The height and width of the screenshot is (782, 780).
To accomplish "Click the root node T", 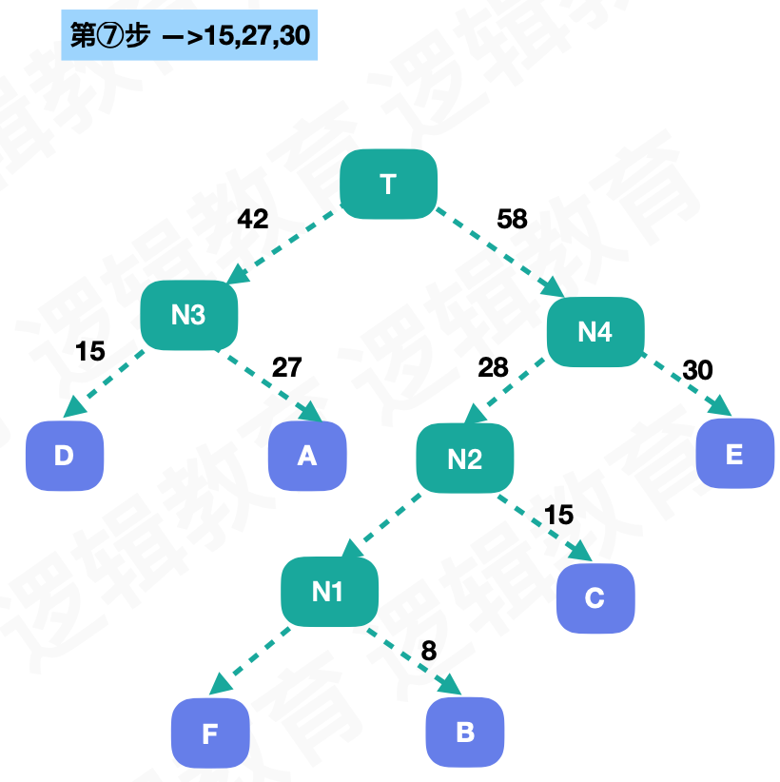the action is click(x=388, y=184).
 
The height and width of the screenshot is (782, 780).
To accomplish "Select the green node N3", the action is click(x=188, y=315).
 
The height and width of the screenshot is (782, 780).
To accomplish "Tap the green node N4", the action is click(x=595, y=331).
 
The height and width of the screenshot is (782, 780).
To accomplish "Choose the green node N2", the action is click(x=464, y=459).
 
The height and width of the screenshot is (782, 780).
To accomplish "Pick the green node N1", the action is click(x=327, y=593).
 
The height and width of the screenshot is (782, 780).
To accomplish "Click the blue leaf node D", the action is click(x=64, y=456).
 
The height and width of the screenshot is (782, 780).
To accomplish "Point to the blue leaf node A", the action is click(x=306, y=456).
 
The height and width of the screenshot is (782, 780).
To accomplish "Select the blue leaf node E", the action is click(x=733, y=454).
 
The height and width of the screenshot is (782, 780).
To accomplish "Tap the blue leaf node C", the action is click(x=595, y=598).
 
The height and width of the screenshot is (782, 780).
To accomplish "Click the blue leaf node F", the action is click(x=209, y=733).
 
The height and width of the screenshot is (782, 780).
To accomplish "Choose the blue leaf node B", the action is click(x=464, y=733).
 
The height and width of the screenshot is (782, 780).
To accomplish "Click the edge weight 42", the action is click(x=252, y=219).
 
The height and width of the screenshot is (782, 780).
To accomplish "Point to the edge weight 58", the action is click(x=512, y=219).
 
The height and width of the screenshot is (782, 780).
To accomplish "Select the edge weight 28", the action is click(x=493, y=368).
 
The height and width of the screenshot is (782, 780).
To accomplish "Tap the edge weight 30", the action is click(x=697, y=370).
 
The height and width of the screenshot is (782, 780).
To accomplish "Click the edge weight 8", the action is click(x=428, y=651).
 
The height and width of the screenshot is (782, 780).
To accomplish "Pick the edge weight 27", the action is click(x=286, y=367).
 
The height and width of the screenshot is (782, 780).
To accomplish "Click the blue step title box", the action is click(x=190, y=36).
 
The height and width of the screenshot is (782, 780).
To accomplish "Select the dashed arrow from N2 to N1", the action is click(x=382, y=523).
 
